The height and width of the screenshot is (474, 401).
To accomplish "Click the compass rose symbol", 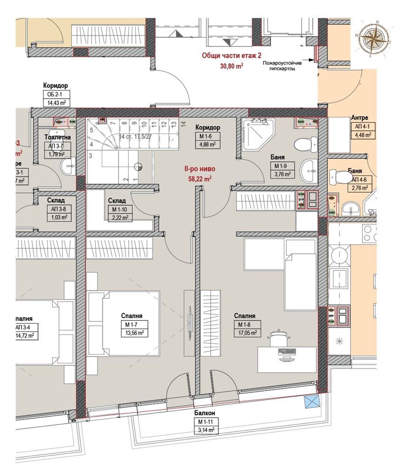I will [374, 38].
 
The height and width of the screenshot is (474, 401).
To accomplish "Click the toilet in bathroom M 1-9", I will [305, 143].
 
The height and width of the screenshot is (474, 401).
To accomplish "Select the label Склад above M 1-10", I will [116, 201].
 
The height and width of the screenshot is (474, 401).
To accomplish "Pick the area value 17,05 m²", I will [248, 333].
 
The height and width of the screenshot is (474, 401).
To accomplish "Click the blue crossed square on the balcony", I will [311, 402].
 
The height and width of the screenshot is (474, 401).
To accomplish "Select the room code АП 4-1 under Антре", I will [361, 127].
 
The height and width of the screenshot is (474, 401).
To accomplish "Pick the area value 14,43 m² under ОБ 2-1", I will [56, 102].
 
